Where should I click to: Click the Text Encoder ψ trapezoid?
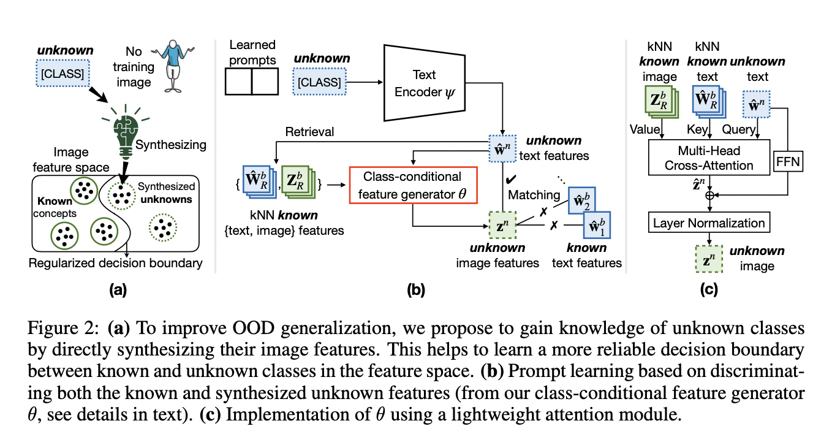[423, 82]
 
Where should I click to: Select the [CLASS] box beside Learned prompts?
[320, 82]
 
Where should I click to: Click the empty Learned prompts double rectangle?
[252, 82]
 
